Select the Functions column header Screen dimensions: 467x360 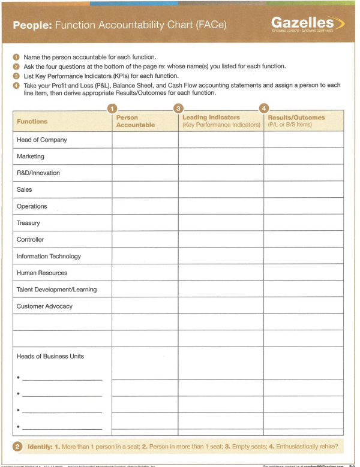32,121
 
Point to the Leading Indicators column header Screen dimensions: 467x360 221,121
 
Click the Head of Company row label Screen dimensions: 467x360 42,140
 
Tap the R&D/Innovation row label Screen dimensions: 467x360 38,173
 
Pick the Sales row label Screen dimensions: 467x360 25,189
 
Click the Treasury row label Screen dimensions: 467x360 29,223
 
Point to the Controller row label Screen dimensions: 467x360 31,240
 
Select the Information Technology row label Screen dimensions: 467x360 49,257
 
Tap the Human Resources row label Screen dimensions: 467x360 42,273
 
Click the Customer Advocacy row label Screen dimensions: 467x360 44,306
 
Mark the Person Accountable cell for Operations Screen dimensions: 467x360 145,206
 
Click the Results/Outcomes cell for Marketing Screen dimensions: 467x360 304,156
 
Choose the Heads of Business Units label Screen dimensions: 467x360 50,356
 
